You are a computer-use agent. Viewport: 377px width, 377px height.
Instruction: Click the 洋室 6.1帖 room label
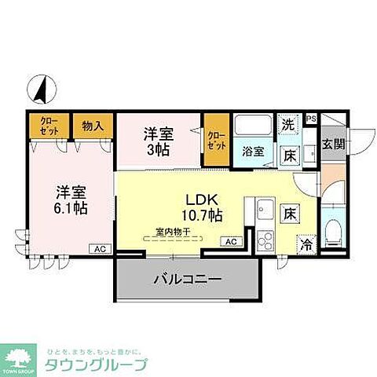pos(71,199)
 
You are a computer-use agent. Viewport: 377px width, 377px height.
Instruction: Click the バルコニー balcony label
pos(187,279)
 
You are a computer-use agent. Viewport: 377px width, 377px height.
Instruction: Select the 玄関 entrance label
pos(333,145)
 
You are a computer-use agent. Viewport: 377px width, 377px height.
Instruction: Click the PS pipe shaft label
pos(311,119)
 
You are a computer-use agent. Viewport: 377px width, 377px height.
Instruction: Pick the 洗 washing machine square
pos(289,124)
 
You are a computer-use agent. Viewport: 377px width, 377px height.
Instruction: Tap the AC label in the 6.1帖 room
pos(100,248)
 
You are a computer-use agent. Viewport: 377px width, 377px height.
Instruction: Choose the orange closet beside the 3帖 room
pos(215,141)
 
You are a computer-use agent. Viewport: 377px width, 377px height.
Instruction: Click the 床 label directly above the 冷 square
pos(290,212)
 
